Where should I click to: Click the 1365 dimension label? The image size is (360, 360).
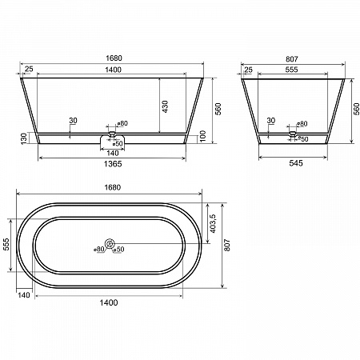tap(113, 164)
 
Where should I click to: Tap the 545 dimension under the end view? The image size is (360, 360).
tap(296, 163)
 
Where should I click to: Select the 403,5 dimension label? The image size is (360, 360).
tap(213, 223)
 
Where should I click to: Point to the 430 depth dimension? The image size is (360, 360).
tap(165, 106)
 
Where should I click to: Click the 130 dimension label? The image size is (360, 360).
tap(24, 138)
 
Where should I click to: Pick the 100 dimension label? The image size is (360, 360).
tap(203, 136)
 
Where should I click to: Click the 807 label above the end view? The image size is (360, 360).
tap(292, 59)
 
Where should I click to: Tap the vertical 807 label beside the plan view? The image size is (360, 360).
tap(227, 245)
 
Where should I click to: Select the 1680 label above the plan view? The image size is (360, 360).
tap(113, 187)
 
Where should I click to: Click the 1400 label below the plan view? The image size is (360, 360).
tap(109, 302)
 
